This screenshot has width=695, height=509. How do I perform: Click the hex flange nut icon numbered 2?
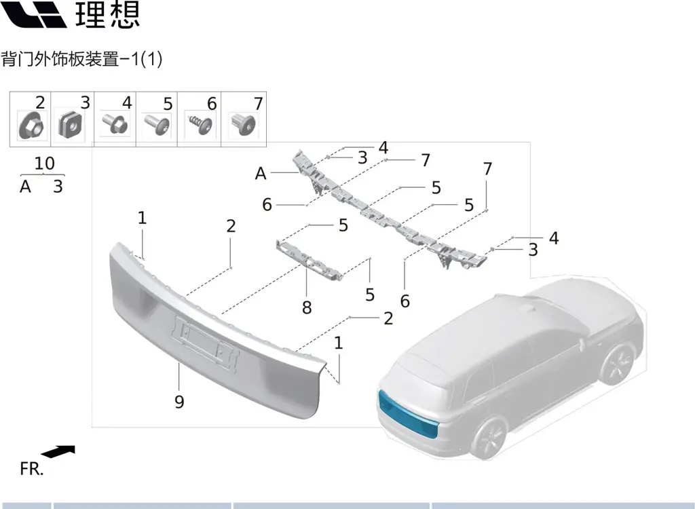(x=31, y=126)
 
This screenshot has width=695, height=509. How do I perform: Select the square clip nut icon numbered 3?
(x=71, y=125)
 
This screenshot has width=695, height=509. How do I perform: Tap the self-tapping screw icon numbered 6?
(x=201, y=124)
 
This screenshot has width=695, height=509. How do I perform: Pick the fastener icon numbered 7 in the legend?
(x=243, y=125)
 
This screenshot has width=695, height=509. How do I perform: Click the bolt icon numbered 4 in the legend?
(x=115, y=124)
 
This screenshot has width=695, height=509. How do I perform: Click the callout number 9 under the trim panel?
(x=179, y=402)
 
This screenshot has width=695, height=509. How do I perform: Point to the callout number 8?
(x=307, y=307)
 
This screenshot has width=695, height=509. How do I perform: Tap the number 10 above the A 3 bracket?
(x=44, y=163)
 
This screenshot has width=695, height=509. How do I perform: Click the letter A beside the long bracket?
(x=261, y=173)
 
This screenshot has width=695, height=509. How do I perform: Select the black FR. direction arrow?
(x=58, y=451)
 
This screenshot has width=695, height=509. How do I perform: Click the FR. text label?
(x=32, y=469)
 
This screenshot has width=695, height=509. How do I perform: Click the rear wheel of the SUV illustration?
(x=489, y=437)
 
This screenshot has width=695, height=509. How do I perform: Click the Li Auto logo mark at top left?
(x=34, y=14)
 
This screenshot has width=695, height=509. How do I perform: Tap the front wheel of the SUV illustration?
(x=616, y=364)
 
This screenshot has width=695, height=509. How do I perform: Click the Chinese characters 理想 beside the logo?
(x=108, y=15)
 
